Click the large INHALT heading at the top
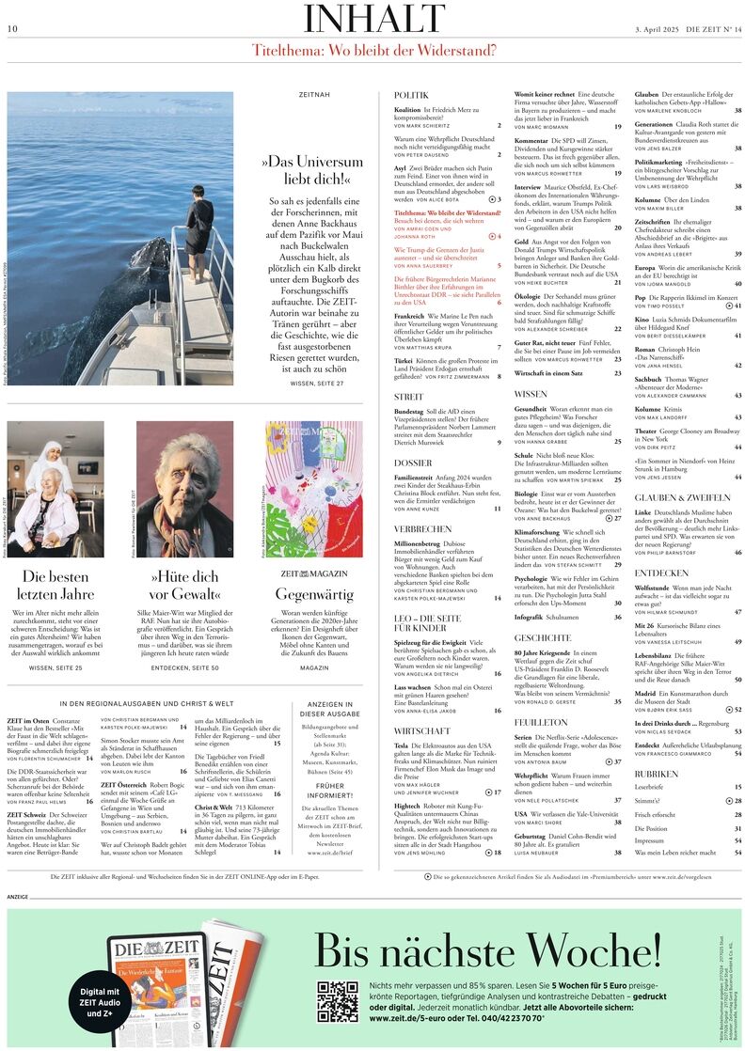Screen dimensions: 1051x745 (373, 20)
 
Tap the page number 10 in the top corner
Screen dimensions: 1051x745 (12, 29)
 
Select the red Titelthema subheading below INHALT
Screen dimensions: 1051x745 (373, 50)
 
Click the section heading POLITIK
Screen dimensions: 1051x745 (411, 96)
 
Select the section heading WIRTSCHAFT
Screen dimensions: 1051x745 (421, 729)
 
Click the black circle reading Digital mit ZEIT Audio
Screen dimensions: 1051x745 (100, 1002)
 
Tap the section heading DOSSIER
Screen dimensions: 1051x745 (413, 463)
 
